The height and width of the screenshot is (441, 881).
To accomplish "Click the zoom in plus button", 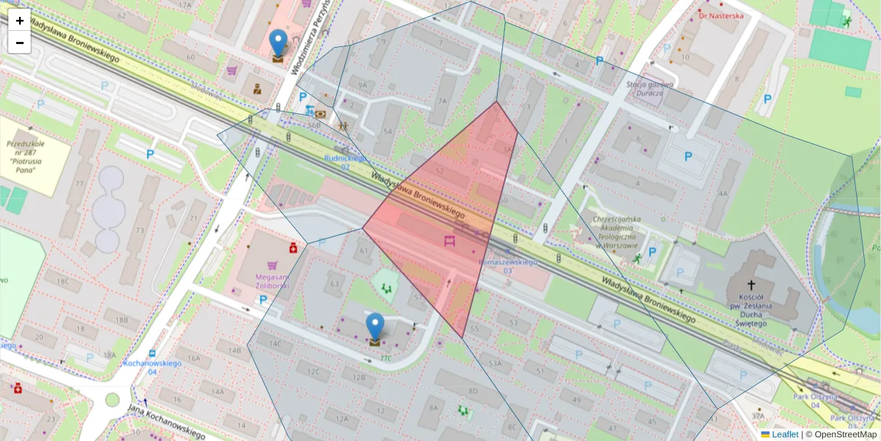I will click(x=20, y=21).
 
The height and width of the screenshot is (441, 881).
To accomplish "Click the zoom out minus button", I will click(x=20, y=43).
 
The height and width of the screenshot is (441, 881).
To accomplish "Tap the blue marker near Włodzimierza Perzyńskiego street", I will click(x=278, y=43).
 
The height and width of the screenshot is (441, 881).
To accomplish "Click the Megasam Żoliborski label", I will click(x=271, y=280).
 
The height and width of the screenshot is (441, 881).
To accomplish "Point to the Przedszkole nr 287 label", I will click(x=26, y=154).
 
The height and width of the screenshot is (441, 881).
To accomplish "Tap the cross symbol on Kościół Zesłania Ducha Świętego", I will click(x=751, y=284).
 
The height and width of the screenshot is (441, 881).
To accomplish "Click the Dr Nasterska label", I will click(x=721, y=15).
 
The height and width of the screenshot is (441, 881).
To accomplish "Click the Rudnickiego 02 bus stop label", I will click(x=345, y=162).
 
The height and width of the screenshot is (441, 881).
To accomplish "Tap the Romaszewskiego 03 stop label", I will click(x=507, y=266).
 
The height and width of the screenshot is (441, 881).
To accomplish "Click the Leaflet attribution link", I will click(x=784, y=434).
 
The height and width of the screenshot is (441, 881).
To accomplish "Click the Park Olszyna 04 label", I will click(x=814, y=401).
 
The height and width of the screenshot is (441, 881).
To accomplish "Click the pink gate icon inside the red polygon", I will click(x=450, y=240).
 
